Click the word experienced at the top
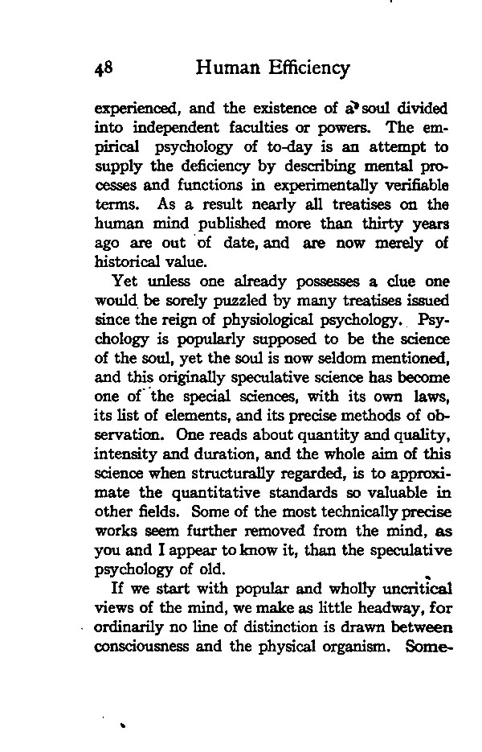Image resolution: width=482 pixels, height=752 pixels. click(x=132, y=109)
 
